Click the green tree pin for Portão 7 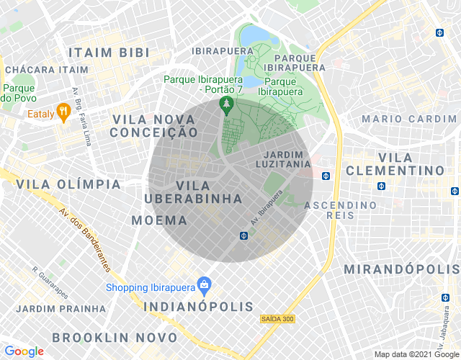point(227,105)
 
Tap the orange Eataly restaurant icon point(63,112)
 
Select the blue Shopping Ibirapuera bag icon point(205,285)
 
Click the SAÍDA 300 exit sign point(277,318)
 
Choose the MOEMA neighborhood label point(159,220)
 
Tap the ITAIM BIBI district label point(109,53)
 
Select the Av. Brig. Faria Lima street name point(82,115)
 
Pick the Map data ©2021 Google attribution point(416,354)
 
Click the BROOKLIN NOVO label point(115,337)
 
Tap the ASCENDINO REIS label point(341,212)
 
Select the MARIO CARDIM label point(409,118)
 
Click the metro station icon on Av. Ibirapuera point(244,235)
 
